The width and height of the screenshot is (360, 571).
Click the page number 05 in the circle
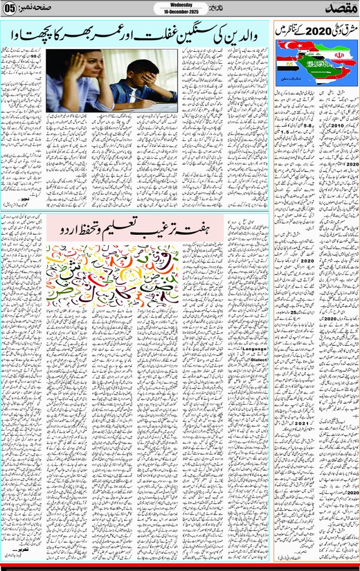click(x=9, y=9)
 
